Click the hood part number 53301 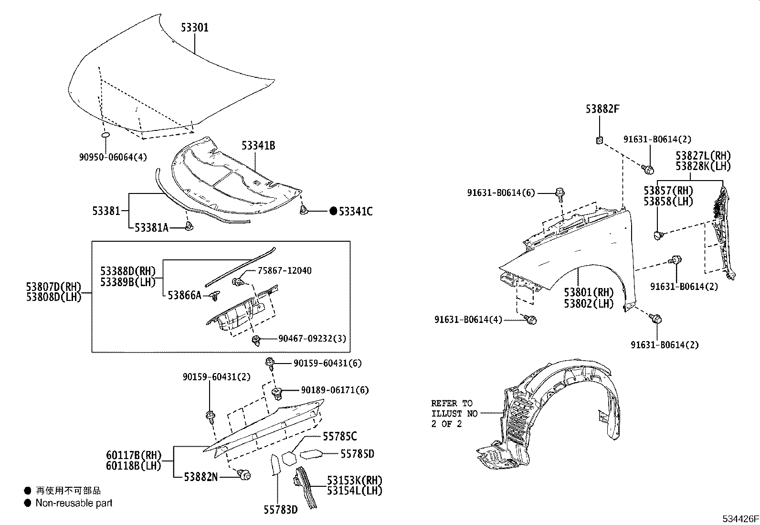click(x=194, y=28)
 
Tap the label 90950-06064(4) click(x=113, y=157)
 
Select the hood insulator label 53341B click(x=258, y=146)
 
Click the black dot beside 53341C click(x=333, y=211)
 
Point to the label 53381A click(x=151, y=228)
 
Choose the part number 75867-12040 click(x=285, y=271)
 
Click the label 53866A click(x=184, y=296)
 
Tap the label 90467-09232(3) click(x=312, y=339)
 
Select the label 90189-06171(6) click(x=335, y=390)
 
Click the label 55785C click(x=339, y=436)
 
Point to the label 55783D click(x=280, y=510)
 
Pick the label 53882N click(x=201, y=476)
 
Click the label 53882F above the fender click(x=602, y=109)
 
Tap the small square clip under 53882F click(x=600, y=140)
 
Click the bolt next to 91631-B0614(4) click(x=531, y=320)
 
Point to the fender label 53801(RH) click(x=588, y=292)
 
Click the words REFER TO click(x=452, y=403)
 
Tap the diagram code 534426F click(x=739, y=519)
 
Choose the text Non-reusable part click(x=74, y=503)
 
